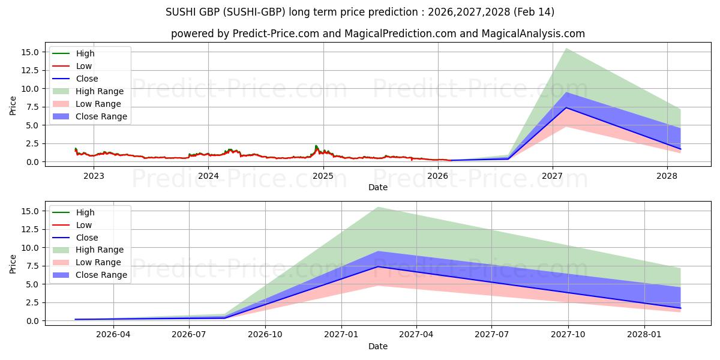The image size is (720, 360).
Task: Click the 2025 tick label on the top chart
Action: [x=323, y=176]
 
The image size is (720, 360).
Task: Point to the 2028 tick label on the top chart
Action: [x=667, y=176]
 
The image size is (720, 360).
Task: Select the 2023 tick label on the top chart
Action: [x=94, y=176]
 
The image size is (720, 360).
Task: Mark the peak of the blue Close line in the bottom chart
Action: [x=378, y=266]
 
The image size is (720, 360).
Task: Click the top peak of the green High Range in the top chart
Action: [x=566, y=49]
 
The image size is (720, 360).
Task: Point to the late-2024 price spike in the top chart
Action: [x=316, y=146]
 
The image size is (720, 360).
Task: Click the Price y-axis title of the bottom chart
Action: [x=13, y=264]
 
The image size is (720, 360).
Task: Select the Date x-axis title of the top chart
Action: [x=378, y=187]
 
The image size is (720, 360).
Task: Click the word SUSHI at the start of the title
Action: [x=179, y=12]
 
